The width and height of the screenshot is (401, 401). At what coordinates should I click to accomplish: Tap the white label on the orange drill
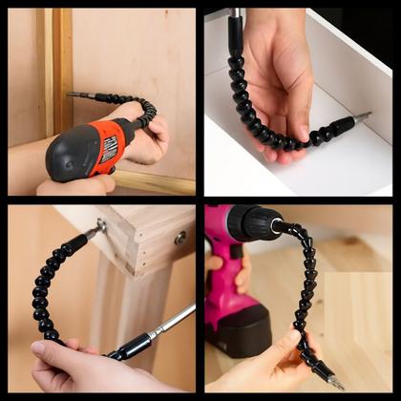110,147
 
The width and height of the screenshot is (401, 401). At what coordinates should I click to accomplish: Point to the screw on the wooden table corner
101,226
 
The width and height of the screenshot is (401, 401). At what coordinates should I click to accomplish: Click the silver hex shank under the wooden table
172,321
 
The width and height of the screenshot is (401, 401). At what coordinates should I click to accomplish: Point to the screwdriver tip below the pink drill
335,382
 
